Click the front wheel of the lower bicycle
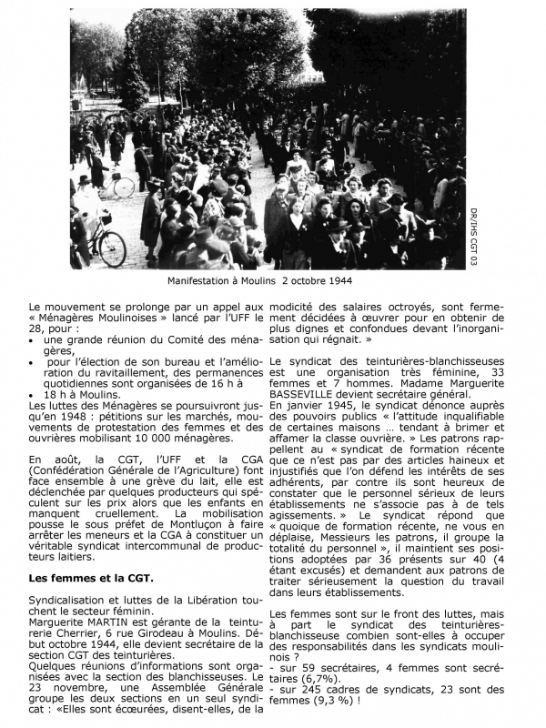[x=112, y=248]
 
